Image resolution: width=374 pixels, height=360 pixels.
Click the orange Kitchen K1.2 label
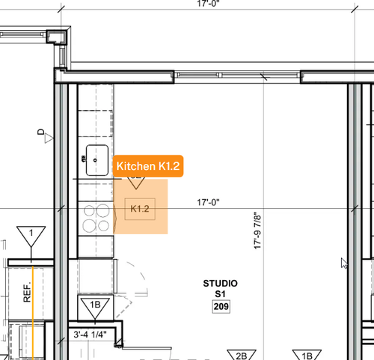[148, 166]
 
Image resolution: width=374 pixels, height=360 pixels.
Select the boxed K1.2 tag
[140, 209]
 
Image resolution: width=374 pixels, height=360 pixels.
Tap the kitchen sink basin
[97, 160]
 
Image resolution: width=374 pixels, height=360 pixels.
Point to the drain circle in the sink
[95, 160]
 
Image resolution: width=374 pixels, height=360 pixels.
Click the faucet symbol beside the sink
[83, 159]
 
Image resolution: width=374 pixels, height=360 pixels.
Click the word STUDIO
[220, 284]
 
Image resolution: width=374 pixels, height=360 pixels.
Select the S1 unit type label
[220, 294]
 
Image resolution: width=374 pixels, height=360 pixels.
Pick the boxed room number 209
[221, 306]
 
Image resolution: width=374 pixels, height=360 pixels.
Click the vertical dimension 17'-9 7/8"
[257, 231]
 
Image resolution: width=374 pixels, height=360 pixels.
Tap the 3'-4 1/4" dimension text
[90, 335]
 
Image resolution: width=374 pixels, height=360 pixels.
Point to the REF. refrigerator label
[27, 292]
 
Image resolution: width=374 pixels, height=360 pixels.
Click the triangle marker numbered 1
[31, 237]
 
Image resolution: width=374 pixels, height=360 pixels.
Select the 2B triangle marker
[242, 355]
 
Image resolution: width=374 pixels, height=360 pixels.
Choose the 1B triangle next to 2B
[307, 355]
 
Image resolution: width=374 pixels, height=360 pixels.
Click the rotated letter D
[40, 132]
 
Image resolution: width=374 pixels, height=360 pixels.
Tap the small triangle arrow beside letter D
[49, 138]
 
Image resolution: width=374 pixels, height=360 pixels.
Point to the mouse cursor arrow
[344, 263]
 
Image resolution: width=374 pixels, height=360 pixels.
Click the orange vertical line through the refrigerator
[33, 313]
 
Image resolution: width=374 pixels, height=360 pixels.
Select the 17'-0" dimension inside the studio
[208, 202]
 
